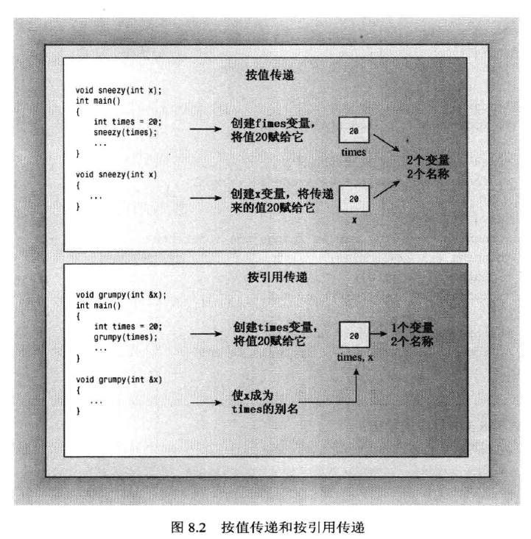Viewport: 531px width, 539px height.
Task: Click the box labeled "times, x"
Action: click(354, 335)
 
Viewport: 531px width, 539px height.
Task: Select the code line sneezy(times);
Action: click(126, 134)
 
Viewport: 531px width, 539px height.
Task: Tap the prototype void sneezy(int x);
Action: click(119, 90)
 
